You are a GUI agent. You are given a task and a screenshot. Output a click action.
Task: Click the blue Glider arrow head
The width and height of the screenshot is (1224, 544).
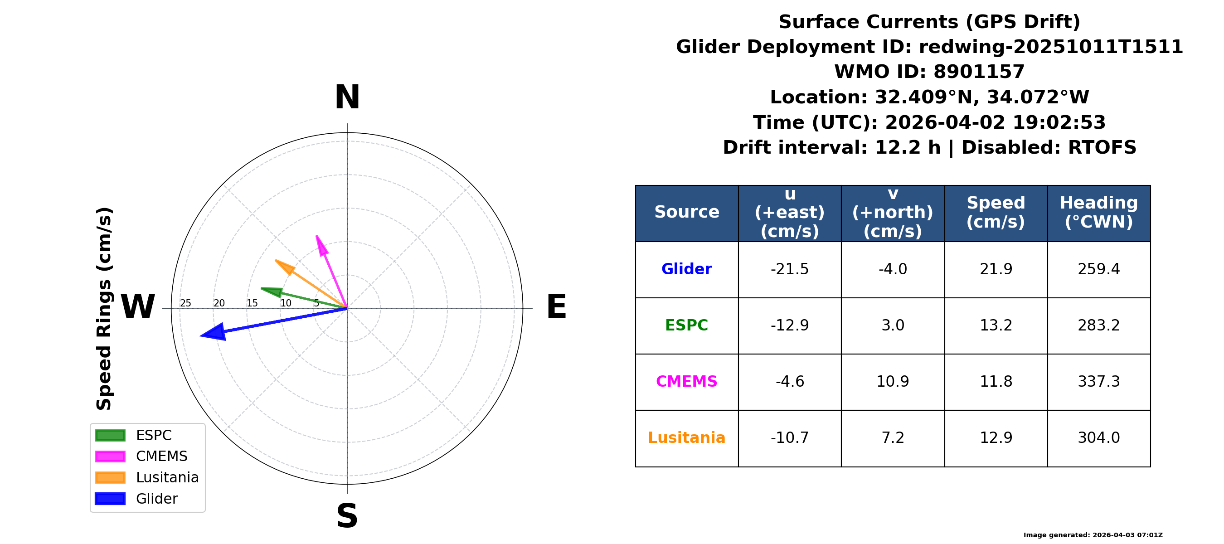(x=214, y=332)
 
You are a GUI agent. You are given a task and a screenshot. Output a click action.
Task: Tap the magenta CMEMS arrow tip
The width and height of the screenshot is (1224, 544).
(x=316, y=236)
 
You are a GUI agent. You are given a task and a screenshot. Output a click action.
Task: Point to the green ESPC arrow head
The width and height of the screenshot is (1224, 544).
(x=271, y=291)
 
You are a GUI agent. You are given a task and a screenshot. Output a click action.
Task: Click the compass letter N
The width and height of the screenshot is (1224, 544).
(x=347, y=97)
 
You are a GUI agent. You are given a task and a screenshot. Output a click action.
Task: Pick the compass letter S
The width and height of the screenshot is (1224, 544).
(x=347, y=516)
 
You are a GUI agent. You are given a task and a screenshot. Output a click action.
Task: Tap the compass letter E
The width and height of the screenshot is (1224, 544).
(x=556, y=306)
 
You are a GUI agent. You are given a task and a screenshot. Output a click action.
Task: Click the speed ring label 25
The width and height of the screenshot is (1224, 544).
(x=185, y=303)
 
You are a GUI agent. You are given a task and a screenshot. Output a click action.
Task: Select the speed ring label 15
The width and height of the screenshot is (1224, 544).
(x=252, y=303)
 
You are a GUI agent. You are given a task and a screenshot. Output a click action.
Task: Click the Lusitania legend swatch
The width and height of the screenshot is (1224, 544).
(x=110, y=477)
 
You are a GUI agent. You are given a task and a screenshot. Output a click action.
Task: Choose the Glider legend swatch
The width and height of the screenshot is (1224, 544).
(x=110, y=498)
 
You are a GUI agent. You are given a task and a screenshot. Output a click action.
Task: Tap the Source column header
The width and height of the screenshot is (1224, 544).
(x=687, y=212)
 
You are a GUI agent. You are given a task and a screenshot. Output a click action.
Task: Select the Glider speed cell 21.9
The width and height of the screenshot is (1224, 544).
(x=996, y=269)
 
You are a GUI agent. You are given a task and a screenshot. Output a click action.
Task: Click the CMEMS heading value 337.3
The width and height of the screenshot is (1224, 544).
(x=1098, y=382)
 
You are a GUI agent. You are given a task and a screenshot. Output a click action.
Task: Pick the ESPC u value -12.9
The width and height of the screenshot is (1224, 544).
(x=790, y=325)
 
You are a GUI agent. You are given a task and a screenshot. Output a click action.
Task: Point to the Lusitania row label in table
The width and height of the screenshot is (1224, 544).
(x=687, y=437)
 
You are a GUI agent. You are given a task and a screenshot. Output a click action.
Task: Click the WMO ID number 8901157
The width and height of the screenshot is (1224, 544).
(x=979, y=72)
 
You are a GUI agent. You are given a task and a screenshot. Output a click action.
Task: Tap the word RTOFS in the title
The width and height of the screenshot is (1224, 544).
(x=1102, y=147)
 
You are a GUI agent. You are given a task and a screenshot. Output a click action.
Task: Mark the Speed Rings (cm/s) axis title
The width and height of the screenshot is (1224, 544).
(x=104, y=309)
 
